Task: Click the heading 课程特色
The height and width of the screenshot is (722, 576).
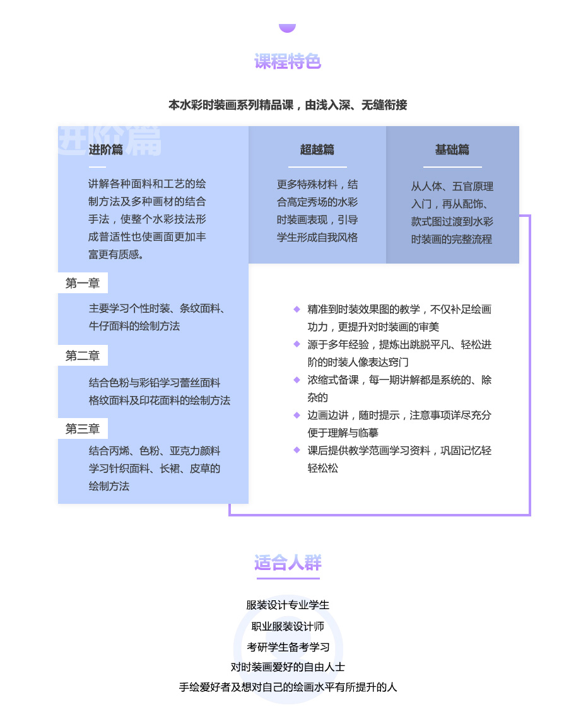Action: coord(288,61)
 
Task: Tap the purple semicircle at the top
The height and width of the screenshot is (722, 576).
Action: coord(288,28)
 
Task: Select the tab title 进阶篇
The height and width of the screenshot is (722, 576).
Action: coord(105,149)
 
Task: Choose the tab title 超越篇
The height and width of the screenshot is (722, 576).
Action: coord(317,149)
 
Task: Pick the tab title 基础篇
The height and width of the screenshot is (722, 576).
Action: coord(452,149)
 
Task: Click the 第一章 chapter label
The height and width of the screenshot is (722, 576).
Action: coord(83,283)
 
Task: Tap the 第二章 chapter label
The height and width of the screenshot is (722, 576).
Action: coord(83,356)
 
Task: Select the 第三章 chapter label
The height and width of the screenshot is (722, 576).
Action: coord(83,429)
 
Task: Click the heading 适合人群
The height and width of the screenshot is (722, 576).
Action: coord(288,562)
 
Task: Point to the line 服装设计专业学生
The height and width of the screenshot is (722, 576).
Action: coord(288,605)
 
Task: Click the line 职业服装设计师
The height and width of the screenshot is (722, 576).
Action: coord(288,626)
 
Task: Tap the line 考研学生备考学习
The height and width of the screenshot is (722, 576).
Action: coord(288,647)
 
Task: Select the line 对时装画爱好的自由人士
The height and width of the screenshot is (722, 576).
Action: coord(288,667)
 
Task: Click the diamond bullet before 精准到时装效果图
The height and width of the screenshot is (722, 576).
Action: coord(297,309)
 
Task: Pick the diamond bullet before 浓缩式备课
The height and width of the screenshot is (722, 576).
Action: coord(297,380)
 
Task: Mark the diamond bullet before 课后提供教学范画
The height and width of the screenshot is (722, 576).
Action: coord(297,450)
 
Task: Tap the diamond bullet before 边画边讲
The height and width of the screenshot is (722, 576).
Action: coord(297,415)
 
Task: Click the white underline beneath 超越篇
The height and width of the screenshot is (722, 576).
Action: coord(317,166)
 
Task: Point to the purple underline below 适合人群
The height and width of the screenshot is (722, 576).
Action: coord(288,578)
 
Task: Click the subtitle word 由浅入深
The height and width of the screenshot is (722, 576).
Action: coord(327,105)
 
